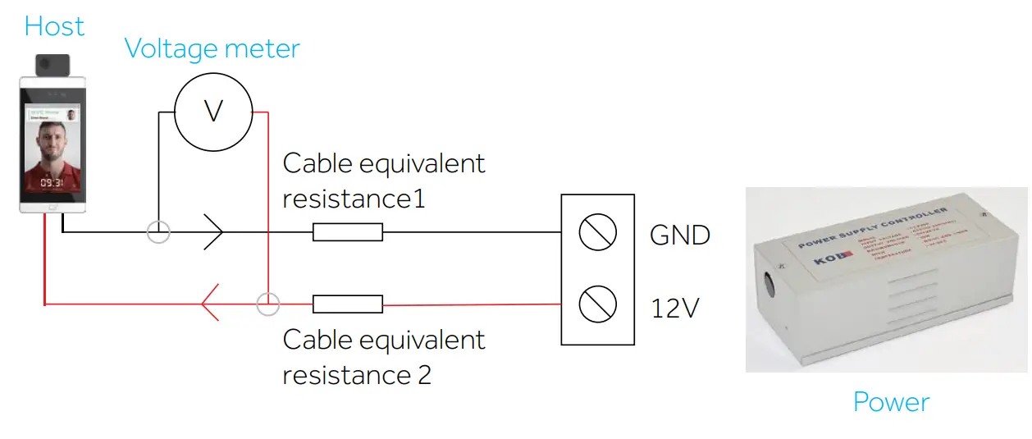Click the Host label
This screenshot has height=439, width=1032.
[x=54, y=26]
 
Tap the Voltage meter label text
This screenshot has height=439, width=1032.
[x=212, y=49]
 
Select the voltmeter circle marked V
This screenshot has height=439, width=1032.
[x=213, y=111]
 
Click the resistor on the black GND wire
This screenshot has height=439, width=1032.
[x=348, y=232]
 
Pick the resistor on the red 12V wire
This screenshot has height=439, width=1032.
[x=348, y=304]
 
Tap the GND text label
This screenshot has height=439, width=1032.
[x=679, y=236]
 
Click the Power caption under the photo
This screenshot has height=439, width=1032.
[x=891, y=402]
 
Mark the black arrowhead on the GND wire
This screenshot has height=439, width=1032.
[x=213, y=232]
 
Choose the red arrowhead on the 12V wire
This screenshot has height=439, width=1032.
[x=210, y=304]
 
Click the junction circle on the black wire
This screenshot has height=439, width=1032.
[x=158, y=232]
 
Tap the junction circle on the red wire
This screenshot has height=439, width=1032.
[x=267, y=304]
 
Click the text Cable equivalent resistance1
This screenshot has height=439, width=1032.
[x=384, y=181]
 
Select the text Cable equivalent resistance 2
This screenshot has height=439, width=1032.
[x=384, y=357]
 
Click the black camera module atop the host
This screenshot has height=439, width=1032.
[x=53, y=63]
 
